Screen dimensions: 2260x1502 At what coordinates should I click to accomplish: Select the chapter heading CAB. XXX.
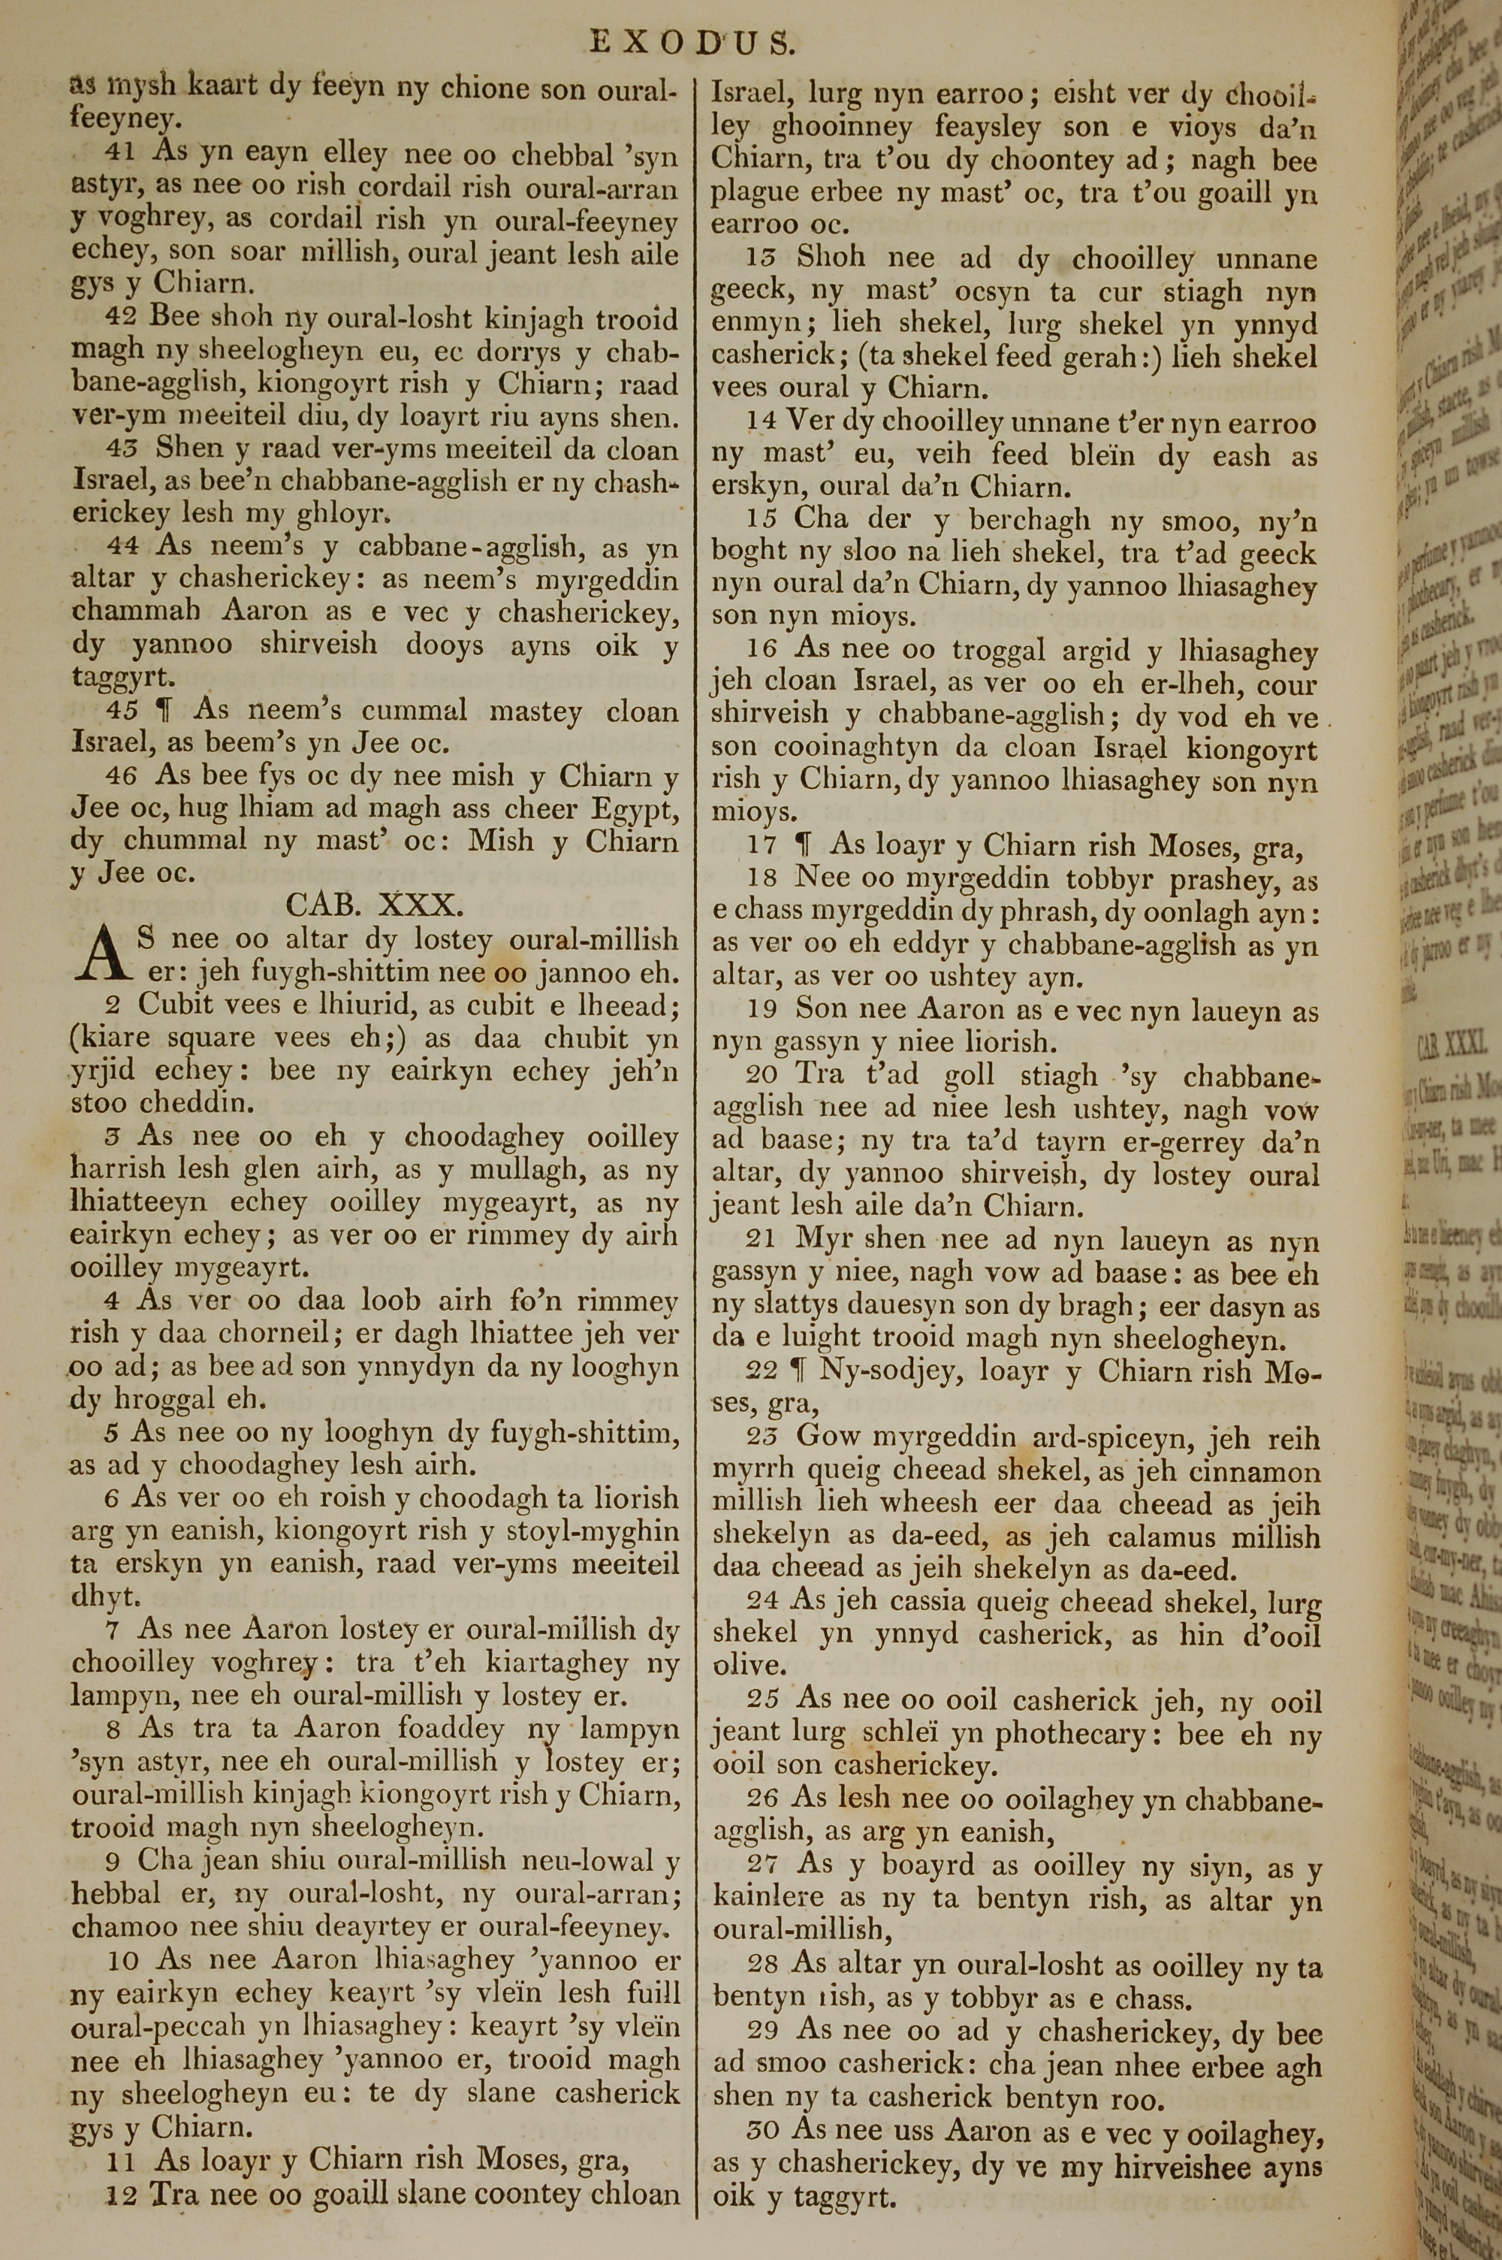pos(375,905)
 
